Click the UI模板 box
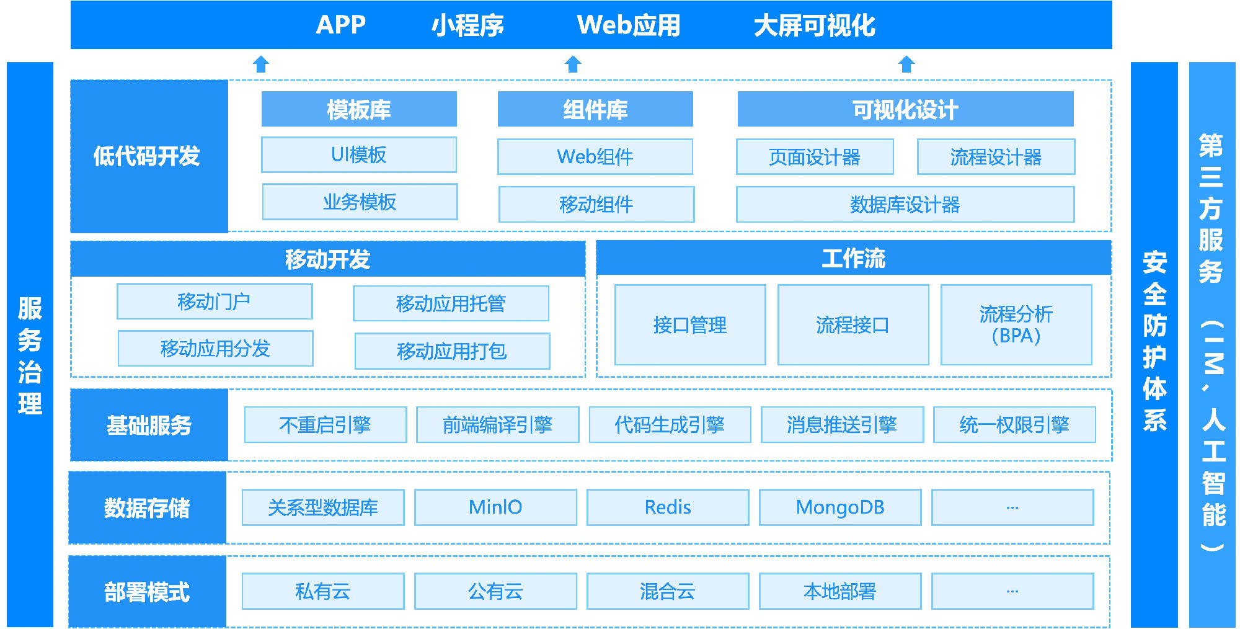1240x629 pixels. click(359, 155)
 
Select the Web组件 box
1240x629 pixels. click(595, 157)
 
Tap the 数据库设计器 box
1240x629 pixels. click(905, 205)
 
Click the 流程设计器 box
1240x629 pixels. click(996, 157)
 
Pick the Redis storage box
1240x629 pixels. click(668, 507)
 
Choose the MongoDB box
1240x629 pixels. click(840, 507)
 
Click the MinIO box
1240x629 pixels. click(495, 507)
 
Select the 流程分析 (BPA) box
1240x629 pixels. click(1016, 325)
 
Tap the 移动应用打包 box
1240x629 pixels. click(452, 351)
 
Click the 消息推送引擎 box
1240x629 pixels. click(842, 425)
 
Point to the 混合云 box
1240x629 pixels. click(668, 591)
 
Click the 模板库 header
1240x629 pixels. click(359, 110)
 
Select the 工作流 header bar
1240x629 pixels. click(853, 259)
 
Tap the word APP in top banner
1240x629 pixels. click(340, 25)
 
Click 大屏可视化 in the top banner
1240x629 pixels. click(814, 25)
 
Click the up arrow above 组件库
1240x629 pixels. click(573, 64)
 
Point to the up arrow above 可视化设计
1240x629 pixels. click(906, 64)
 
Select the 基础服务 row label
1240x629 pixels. click(149, 426)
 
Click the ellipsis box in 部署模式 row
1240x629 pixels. click(1012, 591)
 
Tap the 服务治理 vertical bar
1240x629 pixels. click(30, 344)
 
